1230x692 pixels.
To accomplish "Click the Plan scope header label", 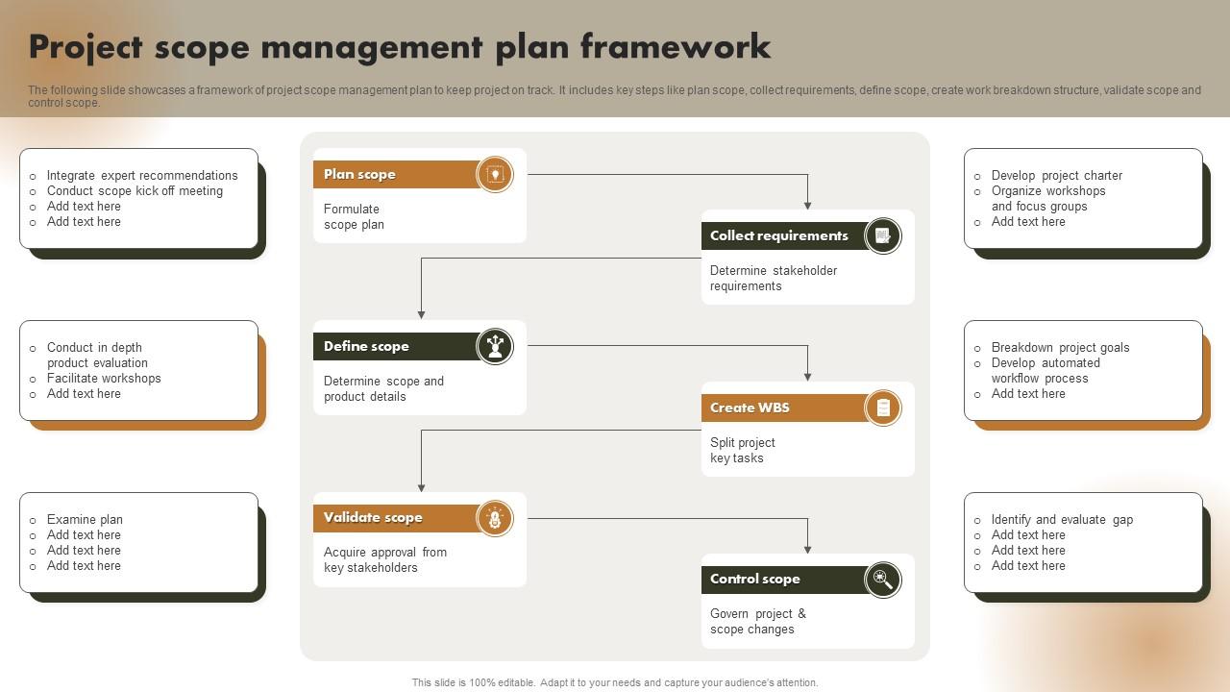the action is point(359,174).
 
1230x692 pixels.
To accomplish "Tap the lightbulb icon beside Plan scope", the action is point(495,175).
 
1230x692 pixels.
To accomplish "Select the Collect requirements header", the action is point(778,235).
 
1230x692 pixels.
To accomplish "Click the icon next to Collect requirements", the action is point(883,236).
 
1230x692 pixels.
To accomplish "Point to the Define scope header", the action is point(366,347).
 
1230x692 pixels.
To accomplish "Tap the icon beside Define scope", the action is point(495,347).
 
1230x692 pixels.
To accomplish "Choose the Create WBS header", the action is point(750,408).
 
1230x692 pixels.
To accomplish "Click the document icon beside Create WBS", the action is point(883,408).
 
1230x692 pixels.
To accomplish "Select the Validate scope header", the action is point(373,517).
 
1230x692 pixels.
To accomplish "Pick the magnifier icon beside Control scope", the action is point(883,580).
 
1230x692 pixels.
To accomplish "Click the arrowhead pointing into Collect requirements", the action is point(808,206).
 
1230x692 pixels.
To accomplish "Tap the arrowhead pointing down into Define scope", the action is point(421,314).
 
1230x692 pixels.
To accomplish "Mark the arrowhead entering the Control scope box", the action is point(808,549).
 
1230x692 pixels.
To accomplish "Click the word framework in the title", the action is point(676,46).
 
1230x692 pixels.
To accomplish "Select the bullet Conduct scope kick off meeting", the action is point(135,190).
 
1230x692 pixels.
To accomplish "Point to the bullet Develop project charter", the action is point(1056,175).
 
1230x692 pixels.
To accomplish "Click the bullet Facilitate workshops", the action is point(104,378).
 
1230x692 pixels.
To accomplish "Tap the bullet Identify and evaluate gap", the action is point(1062,520).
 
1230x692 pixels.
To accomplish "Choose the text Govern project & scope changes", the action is point(758,621).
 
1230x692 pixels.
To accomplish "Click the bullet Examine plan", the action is point(85,520).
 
